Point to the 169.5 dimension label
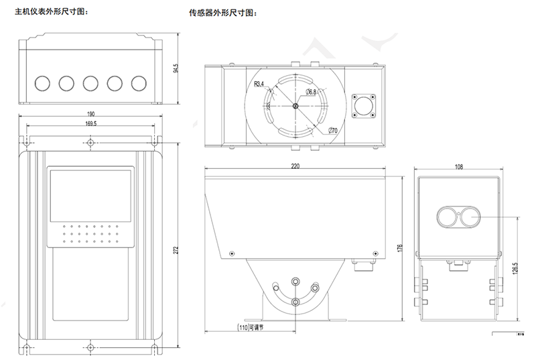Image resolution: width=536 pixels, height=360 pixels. (x=91, y=123)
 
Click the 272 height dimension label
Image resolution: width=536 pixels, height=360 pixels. (x=176, y=250)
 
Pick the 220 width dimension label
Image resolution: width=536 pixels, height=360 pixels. (x=295, y=166)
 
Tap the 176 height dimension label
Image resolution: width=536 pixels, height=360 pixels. (x=399, y=249)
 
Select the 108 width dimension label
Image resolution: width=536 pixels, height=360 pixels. (x=459, y=166)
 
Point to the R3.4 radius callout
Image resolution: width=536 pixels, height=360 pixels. (x=259, y=84)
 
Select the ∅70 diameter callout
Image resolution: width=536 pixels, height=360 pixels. (x=332, y=131)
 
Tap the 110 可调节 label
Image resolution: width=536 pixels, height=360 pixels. (x=255, y=328)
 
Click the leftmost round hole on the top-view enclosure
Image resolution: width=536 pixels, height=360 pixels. (x=42, y=82)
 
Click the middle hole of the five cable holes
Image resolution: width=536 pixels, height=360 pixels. (x=90, y=82)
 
